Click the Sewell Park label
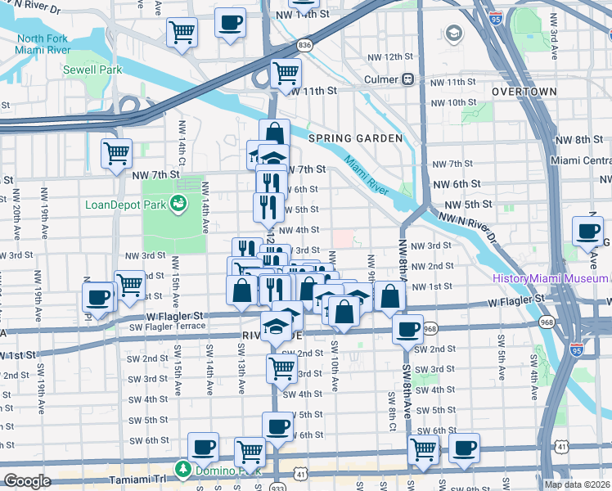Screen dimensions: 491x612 92,70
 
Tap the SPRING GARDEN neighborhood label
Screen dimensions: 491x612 355,138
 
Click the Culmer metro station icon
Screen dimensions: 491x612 407,79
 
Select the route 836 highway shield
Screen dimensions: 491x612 305,45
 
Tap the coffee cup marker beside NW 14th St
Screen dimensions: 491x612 231,23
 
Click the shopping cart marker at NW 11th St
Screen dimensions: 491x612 286,73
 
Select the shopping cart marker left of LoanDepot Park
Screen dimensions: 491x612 117,152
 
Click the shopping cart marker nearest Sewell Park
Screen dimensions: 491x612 182,33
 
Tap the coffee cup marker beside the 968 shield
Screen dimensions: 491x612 407,329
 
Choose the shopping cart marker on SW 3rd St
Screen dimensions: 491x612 281,368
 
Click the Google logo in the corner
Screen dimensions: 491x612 27,481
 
